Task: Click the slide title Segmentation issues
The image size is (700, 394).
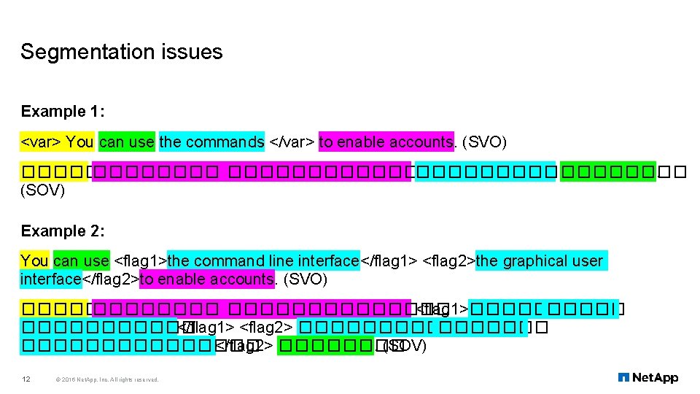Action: [x=121, y=53]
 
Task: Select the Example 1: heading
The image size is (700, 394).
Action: [x=63, y=112]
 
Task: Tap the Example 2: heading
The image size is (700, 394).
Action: [x=63, y=231]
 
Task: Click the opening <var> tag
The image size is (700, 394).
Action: [x=41, y=142]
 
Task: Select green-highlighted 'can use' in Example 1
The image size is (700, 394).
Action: [x=126, y=142]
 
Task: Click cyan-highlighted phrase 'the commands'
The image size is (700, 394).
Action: [x=211, y=142]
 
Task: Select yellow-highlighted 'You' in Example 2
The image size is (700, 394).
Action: [x=34, y=261]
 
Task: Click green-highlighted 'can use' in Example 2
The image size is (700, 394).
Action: [x=81, y=261]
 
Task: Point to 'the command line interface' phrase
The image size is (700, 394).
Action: [x=263, y=261]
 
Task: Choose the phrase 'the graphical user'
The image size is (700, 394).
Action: [x=540, y=261]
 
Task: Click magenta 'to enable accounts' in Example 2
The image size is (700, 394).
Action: [x=207, y=279]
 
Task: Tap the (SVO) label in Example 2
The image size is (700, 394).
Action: [x=305, y=279]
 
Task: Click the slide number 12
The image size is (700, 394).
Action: [x=26, y=379]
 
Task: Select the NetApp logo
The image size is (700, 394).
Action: [x=647, y=377]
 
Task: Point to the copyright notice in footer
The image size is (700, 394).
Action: [x=106, y=379]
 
